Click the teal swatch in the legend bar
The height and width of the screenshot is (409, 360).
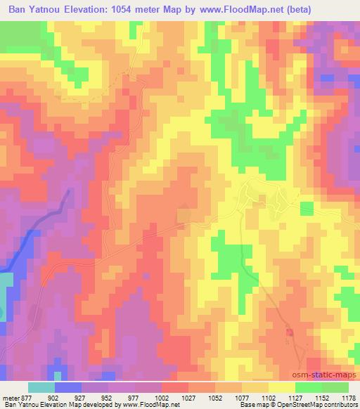point(41,387)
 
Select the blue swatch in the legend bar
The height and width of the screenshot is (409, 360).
point(67,387)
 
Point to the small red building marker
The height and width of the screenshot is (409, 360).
point(289,331)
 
